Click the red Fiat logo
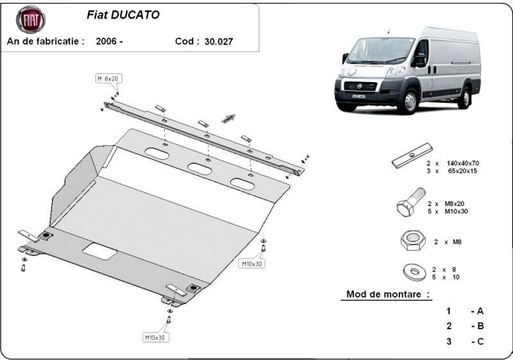click(x=31, y=20)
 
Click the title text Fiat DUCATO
click(x=123, y=15)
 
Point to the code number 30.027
click(x=219, y=42)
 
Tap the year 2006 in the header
click(x=106, y=41)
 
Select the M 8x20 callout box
click(x=108, y=78)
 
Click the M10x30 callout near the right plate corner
click(x=251, y=264)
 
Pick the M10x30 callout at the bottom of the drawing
click(x=156, y=338)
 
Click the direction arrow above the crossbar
click(x=228, y=119)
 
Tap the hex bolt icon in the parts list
click(x=411, y=202)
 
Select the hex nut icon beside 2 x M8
click(x=413, y=240)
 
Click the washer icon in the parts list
click(x=414, y=271)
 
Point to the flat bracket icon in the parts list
click(x=412, y=156)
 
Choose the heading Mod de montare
click(x=388, y=294)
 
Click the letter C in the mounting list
click(x=480, y=341)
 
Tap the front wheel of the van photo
click(x=409, y=101)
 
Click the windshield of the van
click(x=380, y=50)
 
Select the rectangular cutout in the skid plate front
click(x=99, y=252)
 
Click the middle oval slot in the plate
click(x=199, y=169)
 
